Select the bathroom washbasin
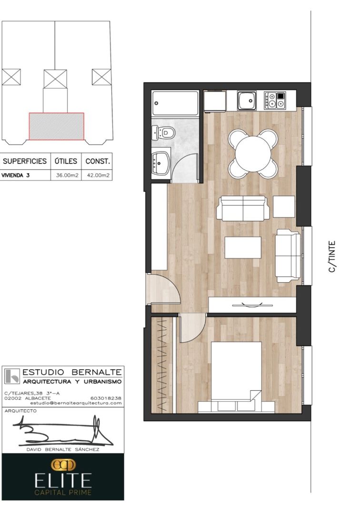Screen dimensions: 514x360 pos(160,163)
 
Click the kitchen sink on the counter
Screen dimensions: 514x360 pos(247,100)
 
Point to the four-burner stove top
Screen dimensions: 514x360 pos(274,100)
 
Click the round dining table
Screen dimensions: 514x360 pos(253,153)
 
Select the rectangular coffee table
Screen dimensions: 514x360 pos(243,247)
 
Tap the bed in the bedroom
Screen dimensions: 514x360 pos(237,376)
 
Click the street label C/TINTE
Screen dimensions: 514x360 pos(332,257)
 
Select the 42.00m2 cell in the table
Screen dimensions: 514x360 pos(98,175)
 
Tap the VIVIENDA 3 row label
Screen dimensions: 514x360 pos(15,175)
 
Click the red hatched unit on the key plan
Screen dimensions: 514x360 pos(56,126)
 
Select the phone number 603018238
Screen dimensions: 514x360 pos(105,398)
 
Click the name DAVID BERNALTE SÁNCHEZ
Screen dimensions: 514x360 pos(63,449)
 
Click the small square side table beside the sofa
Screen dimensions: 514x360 pos(284,207)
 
